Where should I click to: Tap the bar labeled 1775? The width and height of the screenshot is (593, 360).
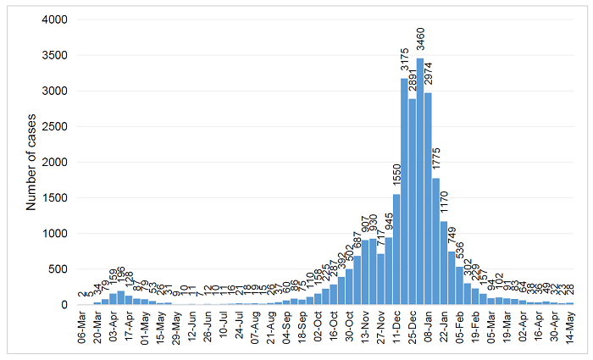point(435,241)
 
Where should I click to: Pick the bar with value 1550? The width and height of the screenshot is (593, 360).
point(396,250)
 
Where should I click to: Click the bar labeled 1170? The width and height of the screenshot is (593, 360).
point(444,263)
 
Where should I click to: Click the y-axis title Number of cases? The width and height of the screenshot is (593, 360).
point(31,161)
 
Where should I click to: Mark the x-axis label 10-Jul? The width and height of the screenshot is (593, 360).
point(222,327)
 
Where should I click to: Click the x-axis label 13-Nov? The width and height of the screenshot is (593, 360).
point(363,327)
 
